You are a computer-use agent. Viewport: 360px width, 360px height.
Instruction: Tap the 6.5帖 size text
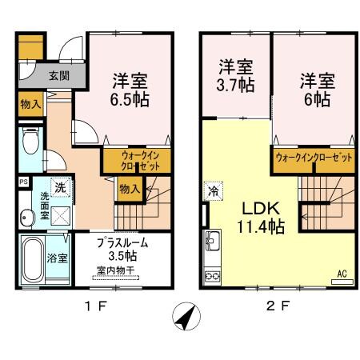[130, 99]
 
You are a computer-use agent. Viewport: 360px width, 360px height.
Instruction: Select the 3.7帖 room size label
[236, 82]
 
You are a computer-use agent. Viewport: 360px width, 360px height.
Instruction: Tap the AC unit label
[341, 274]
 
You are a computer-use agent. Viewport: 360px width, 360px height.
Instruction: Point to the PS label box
[22, 182]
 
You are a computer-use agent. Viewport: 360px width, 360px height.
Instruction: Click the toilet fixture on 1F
[30, 143]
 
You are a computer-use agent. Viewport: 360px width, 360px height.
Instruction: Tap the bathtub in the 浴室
[33, 259]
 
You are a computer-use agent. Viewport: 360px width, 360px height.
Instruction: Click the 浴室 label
[57, 258]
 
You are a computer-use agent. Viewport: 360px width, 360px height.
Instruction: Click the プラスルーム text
[122, 242]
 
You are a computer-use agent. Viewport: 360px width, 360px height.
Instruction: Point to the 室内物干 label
[117, 270]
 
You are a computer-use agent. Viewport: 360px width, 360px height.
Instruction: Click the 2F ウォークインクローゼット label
[314, 158]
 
